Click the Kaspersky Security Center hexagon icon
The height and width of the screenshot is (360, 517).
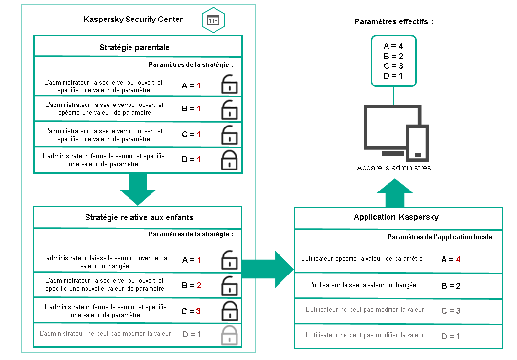tap(214, 21)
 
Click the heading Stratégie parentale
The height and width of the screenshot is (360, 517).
tap(134, 47)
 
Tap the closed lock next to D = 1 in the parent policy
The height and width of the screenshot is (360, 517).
tap(229, 159)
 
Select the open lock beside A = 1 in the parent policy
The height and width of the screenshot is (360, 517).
tap(229, 85)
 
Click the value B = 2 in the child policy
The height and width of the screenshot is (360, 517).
tap(192, 285)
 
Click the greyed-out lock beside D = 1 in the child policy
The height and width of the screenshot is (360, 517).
tap(229, 335)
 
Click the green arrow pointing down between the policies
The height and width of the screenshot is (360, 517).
tap(137, 190)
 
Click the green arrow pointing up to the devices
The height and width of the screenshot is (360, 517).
tap(395, 192)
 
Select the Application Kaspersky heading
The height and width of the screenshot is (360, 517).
tap(395, 217)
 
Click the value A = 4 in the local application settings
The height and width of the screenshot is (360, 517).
tap(451, 259)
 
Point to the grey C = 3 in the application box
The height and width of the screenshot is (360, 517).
tap(451, 310)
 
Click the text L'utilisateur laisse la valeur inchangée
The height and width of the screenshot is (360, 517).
tap(363, 284)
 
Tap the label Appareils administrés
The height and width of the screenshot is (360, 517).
tap(394, 168)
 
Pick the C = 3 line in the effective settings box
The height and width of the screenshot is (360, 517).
tap(393, 66)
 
